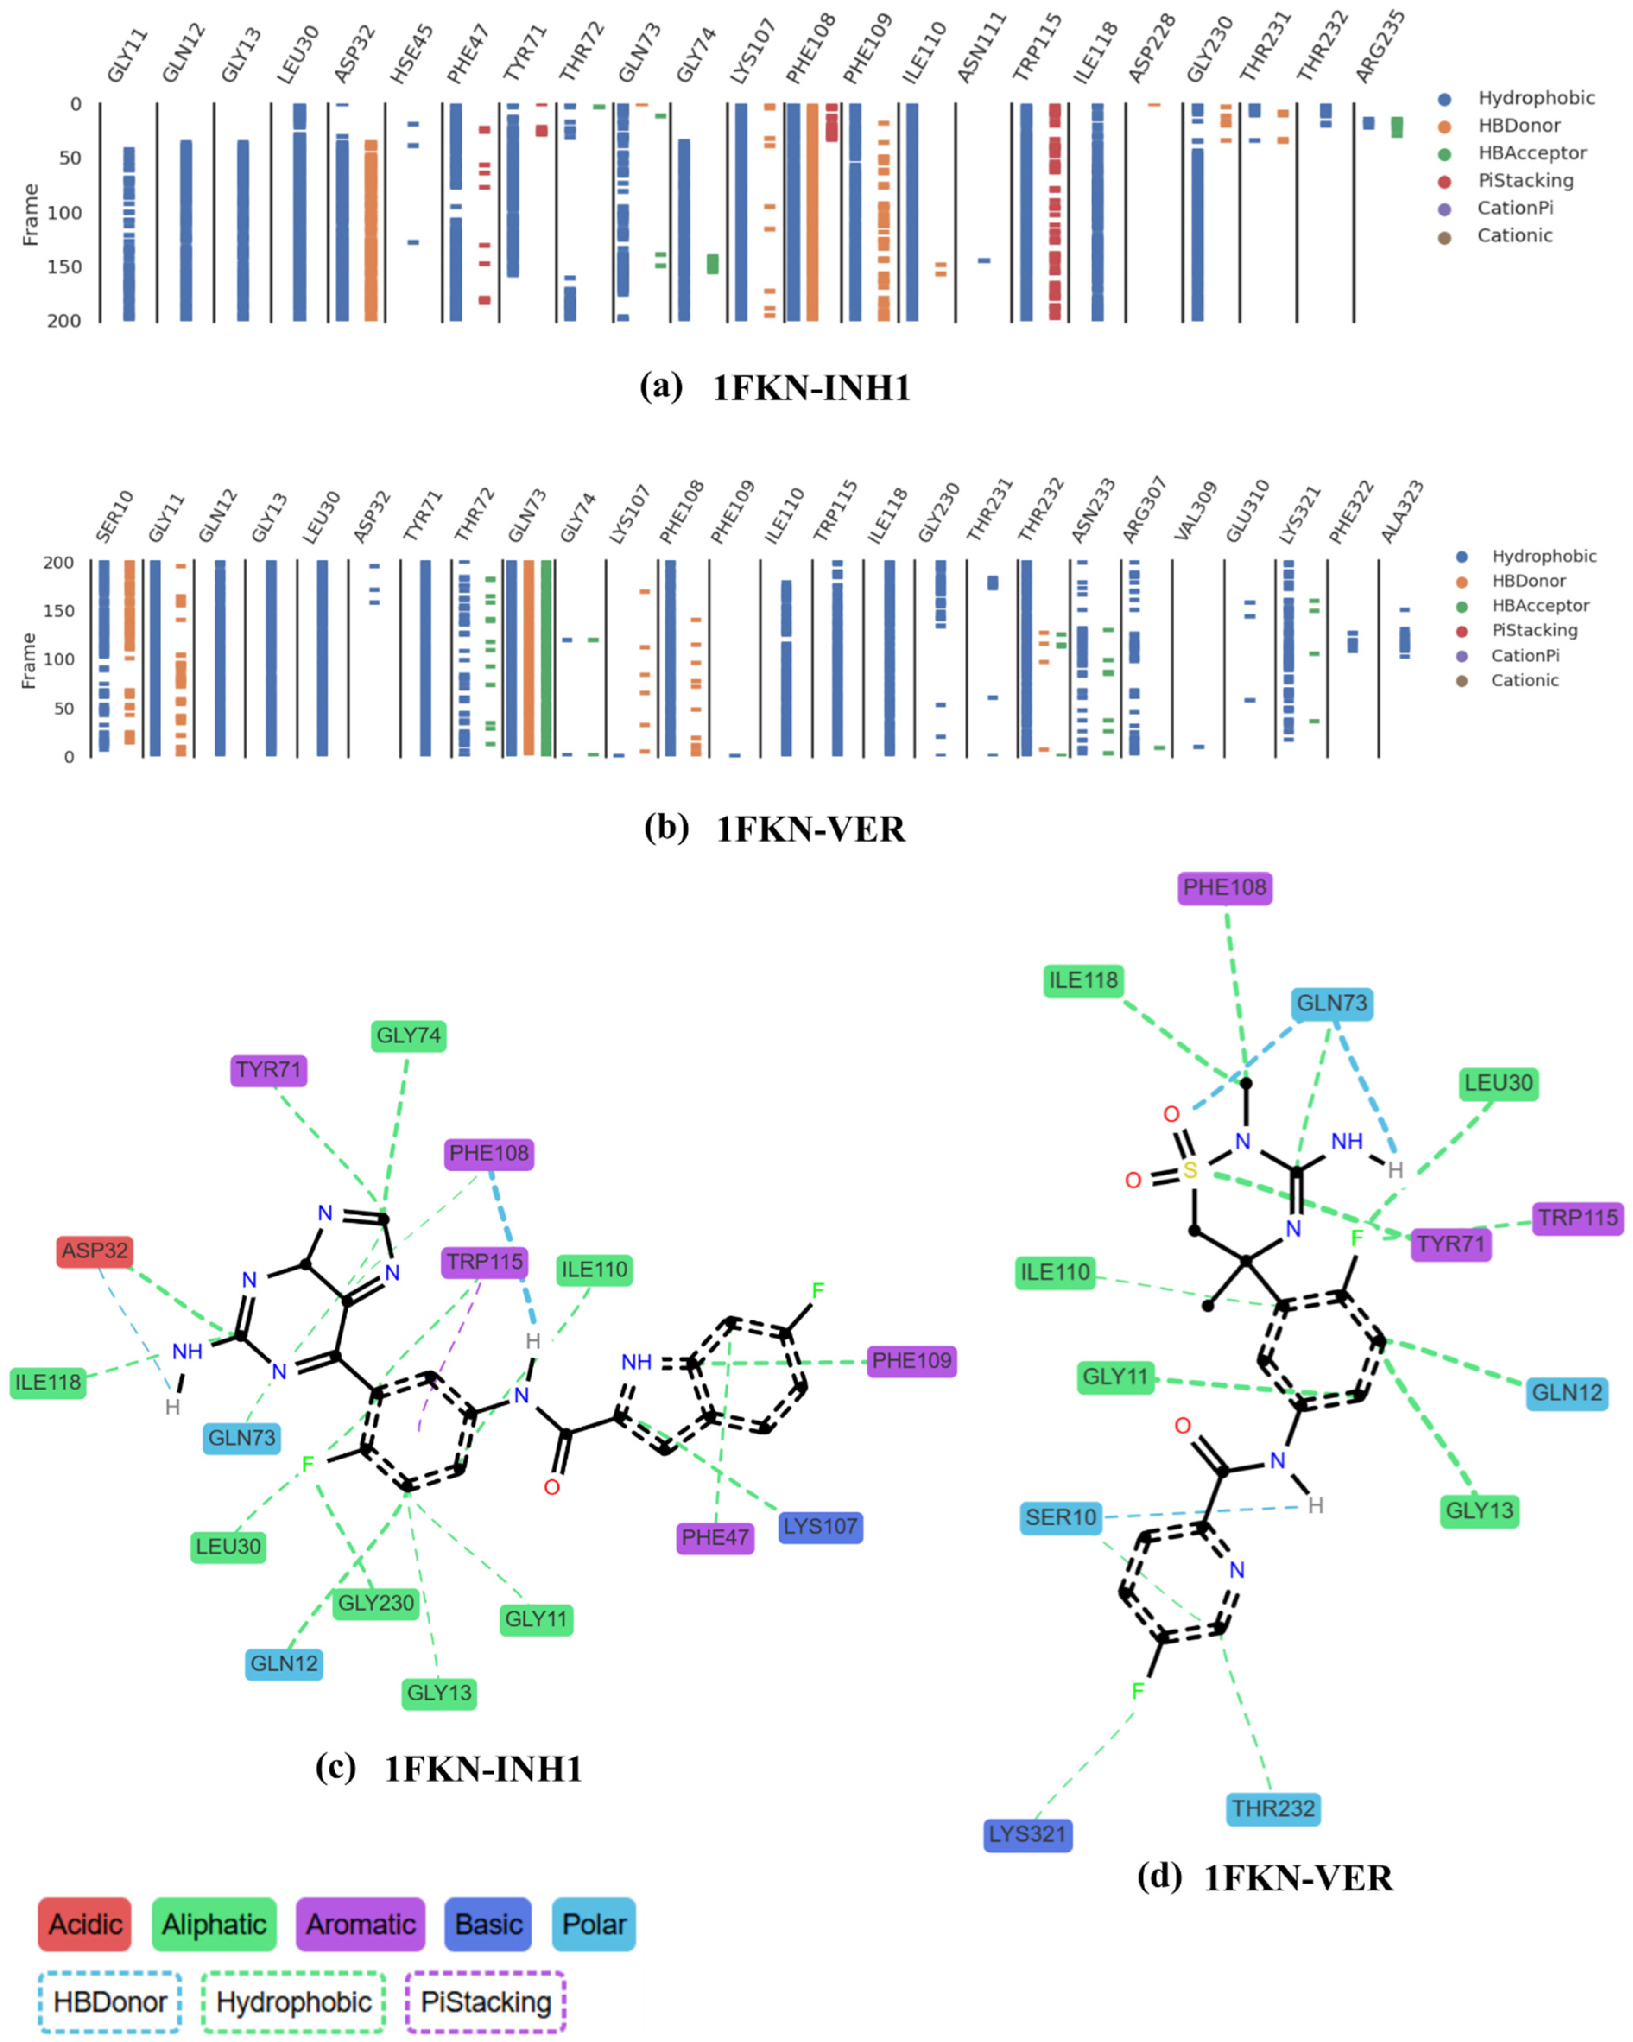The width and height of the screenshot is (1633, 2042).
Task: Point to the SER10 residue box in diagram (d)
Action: coord(1061,1517)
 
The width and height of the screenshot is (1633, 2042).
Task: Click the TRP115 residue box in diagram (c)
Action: coord(485,1262)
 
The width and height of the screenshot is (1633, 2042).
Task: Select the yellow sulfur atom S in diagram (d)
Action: coord(1190,1171)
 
